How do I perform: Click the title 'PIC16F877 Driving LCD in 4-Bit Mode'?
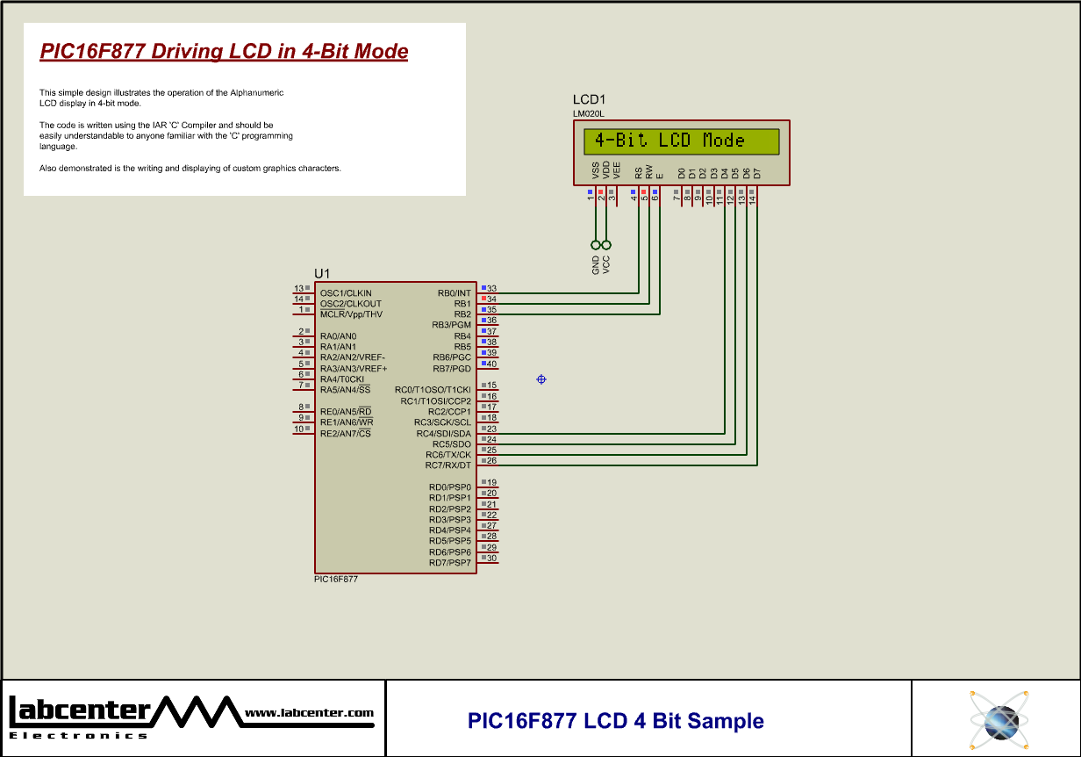pyautogui.click(x=224, y=51)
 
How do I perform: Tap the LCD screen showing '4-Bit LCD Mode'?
pyautogui.click(x=681, y=141)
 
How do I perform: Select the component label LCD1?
pyautogui.click(x=589, y=100)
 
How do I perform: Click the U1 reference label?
pyautogui.click(x=322, y=274)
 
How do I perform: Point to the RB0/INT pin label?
pyautogui.click(x=454, y=293)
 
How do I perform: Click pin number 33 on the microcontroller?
pyautogui.click(x=491, y=289)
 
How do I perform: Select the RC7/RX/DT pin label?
pyautogui.click(x=447, y=465)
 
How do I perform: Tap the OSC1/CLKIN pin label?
pyautogui.click(x=346, y=293)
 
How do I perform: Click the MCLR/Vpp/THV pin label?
pyautogui.click(x=351, y=314)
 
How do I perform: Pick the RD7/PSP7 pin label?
pyautogui.click(x=449, y=563)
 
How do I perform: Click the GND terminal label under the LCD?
pyautogui.click(x=596, y=265)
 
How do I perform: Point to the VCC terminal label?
pyautogui.click(x=606, y=265)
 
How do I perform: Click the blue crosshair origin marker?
pyautogui.click(x=541, y=379)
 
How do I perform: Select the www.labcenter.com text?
pyautogui.click(x=309, y=713)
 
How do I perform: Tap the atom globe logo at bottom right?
pyautogui.click(x=999, y=719)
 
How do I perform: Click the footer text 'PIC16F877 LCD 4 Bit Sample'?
pyautogui.click(x=616, y=721)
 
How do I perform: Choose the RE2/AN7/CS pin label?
pyautogui.click(x=345, y=434)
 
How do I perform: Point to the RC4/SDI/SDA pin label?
pyautogui.click(x=443, y=434)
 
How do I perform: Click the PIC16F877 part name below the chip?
pyautogui.click(x=336, y=580)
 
